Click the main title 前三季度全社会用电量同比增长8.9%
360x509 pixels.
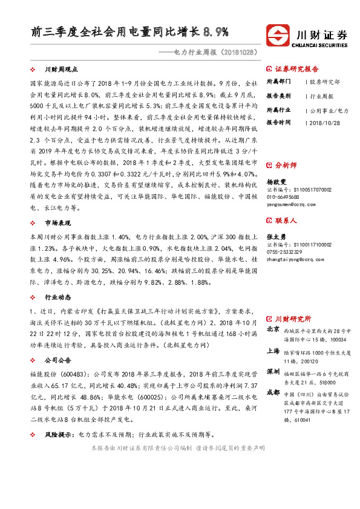pos(129,32)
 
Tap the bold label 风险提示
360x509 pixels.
pos(61,434)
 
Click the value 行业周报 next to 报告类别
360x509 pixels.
pos(321,96)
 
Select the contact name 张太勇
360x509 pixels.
pos(277,236)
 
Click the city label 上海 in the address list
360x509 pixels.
pos(273,351)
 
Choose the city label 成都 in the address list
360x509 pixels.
pos(273,392)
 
